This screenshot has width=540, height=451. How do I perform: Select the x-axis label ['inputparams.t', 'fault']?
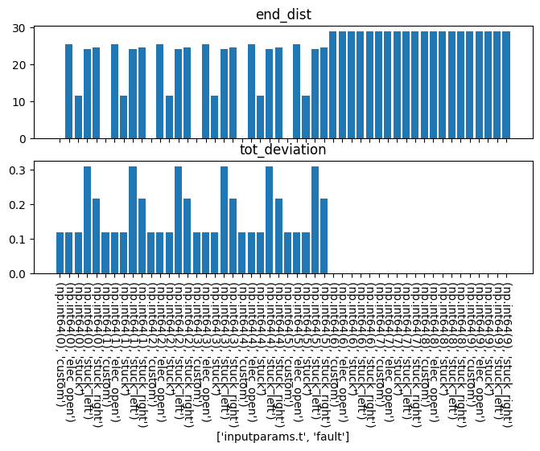(x=282, y=436)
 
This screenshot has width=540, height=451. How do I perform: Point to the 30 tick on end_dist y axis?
(x=41, y=28)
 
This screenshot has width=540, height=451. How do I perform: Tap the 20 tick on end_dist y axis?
(x=41, y=65)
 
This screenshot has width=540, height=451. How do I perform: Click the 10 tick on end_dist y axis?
(x=41, y=102)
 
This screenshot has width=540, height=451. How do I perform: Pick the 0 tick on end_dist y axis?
(x=44, y=138)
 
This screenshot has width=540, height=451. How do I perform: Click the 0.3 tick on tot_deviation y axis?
(x=38, y=170)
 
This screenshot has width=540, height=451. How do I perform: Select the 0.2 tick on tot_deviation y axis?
(x=38, y=204)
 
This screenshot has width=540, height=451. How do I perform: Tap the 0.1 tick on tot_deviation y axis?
(x=38, y=240)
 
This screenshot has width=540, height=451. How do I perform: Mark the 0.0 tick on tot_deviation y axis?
(x=38, y=274)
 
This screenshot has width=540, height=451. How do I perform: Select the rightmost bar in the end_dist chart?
(x=506, y=84)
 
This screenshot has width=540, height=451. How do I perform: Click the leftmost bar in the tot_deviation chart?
(x=60, y=253)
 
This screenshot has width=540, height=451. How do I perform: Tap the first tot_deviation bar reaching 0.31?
(x=87, y=220)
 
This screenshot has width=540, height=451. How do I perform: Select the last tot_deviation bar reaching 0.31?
(x=315, y=220)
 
